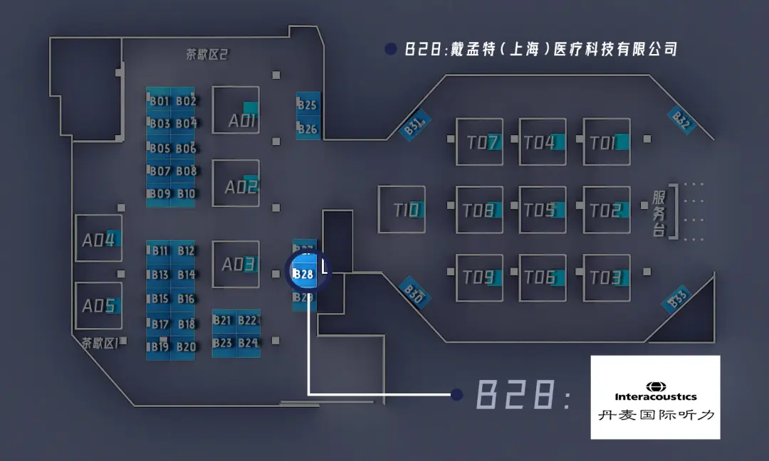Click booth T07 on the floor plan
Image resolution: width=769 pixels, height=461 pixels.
[479, 142]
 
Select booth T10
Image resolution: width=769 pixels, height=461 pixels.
[402, 210]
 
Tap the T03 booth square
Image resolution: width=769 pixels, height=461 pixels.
[606, 277]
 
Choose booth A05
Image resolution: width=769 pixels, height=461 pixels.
[98, 306]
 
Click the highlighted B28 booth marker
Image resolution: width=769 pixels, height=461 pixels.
[304, 273]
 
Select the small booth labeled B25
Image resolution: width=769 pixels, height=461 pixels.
[308, 105]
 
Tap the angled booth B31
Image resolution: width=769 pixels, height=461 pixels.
[414, 126]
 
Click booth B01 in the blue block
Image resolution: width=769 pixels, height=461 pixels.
[159, 101]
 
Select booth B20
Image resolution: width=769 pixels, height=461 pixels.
[186, 346]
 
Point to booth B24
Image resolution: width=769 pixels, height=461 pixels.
[248, 343]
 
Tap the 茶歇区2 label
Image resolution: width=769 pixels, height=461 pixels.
[206, 55]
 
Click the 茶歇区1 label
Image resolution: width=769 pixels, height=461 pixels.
[100, 343]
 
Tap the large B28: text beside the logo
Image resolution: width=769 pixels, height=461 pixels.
[523, 395]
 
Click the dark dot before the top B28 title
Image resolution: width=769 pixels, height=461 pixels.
[389, 49]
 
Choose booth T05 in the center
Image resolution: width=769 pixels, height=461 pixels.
[543, 210]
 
